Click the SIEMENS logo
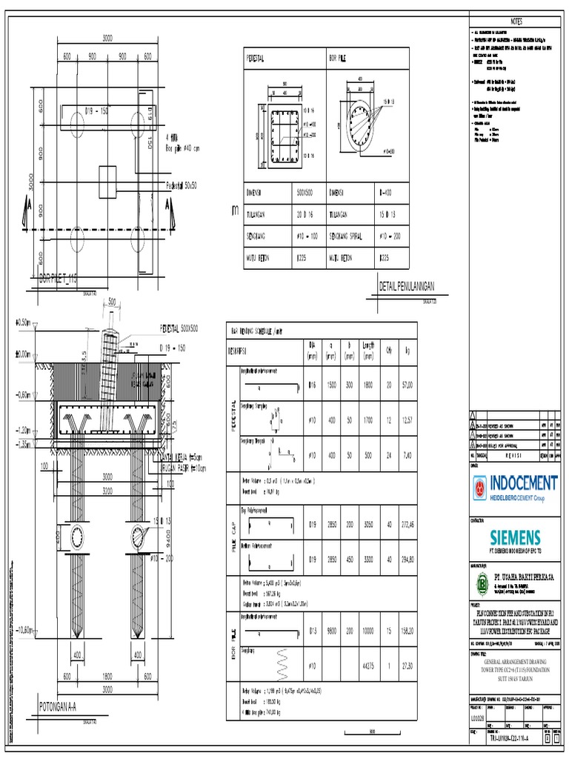point(514,537)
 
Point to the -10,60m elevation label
point(20,630)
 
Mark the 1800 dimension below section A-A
point(107,677)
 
